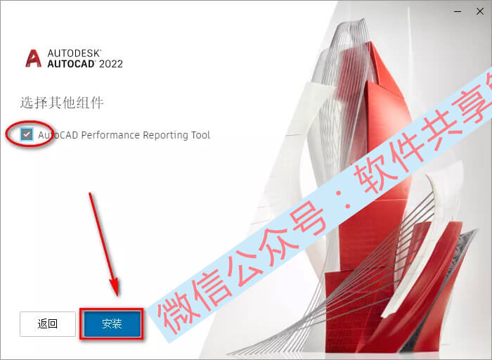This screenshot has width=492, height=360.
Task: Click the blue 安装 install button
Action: pos(112,323)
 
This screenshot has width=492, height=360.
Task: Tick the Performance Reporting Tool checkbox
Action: pos(27,134)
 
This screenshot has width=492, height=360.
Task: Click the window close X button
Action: pos(480,12)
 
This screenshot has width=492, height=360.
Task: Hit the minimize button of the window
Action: pos(458,12)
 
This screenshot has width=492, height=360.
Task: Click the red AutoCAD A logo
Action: pos(33,58)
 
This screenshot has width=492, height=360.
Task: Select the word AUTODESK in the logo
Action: pos(74,53)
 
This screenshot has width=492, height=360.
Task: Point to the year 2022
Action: pos(111,64)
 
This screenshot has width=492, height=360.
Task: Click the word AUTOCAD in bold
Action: pos(71,64)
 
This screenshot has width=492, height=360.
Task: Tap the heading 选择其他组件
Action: pos(62,103)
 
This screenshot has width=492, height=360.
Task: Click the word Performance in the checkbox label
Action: pos(110,135)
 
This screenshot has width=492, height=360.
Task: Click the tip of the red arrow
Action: pos(117,295)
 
